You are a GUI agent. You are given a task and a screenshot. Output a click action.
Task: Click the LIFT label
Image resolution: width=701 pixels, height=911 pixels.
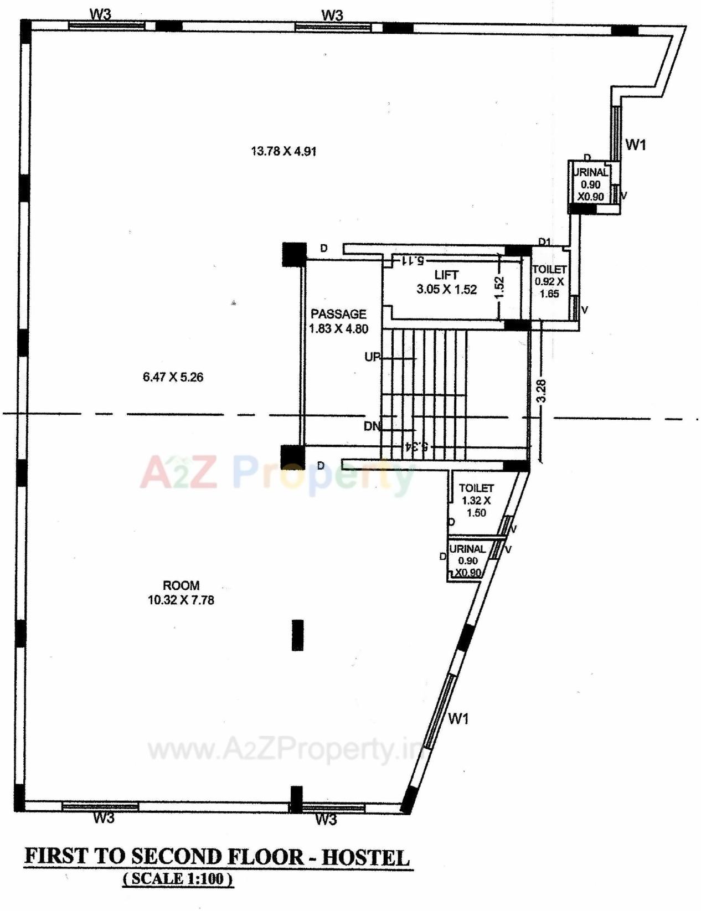[x=446, y=275]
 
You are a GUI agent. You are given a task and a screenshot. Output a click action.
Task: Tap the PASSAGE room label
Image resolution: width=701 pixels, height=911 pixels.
[x=338, y=314]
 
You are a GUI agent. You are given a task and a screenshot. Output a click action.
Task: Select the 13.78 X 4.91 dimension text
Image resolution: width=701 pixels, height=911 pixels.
[x=284, y=151]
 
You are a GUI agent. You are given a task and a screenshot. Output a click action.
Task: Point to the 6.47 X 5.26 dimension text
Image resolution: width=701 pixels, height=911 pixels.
[x=173, y=377]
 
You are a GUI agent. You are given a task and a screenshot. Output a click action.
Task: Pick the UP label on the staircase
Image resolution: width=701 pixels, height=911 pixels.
[x=373, y=357]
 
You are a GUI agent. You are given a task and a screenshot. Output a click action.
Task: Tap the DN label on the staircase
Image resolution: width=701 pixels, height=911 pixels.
[x=372, y=426]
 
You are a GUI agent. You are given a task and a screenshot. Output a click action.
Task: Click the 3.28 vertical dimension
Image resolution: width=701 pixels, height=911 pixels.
[x=542, y=390]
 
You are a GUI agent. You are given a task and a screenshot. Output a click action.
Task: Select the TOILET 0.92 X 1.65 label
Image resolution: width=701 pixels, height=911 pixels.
[x=549, y=281]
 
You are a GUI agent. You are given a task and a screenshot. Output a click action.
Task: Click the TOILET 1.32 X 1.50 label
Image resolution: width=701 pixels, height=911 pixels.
[x=476, y=500]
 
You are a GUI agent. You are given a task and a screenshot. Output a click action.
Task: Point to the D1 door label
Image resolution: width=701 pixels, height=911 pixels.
[x=545, y=242]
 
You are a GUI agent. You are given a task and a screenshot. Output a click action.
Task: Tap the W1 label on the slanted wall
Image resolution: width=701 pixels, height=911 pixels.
[x=458, y=719]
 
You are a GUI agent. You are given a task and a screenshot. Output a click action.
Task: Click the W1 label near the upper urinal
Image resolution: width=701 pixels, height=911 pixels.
[x=636, y=145]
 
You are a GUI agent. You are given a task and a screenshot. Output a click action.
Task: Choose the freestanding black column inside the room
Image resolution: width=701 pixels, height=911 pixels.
[x=297, y=635]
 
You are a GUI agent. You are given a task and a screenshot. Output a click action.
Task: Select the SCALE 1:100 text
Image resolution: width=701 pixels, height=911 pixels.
[x=178, y=879]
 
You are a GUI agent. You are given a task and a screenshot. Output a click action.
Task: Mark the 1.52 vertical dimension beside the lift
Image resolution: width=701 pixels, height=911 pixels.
[x=499, y=287]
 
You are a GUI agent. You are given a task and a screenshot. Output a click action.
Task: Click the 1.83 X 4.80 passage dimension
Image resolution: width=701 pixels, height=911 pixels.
[x=338, y=328]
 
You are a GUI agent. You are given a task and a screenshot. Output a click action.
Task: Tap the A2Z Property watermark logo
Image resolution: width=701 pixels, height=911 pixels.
[x=277, y=473]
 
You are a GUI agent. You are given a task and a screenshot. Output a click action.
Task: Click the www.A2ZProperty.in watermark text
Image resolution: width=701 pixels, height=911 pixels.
[x=285, y=750]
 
